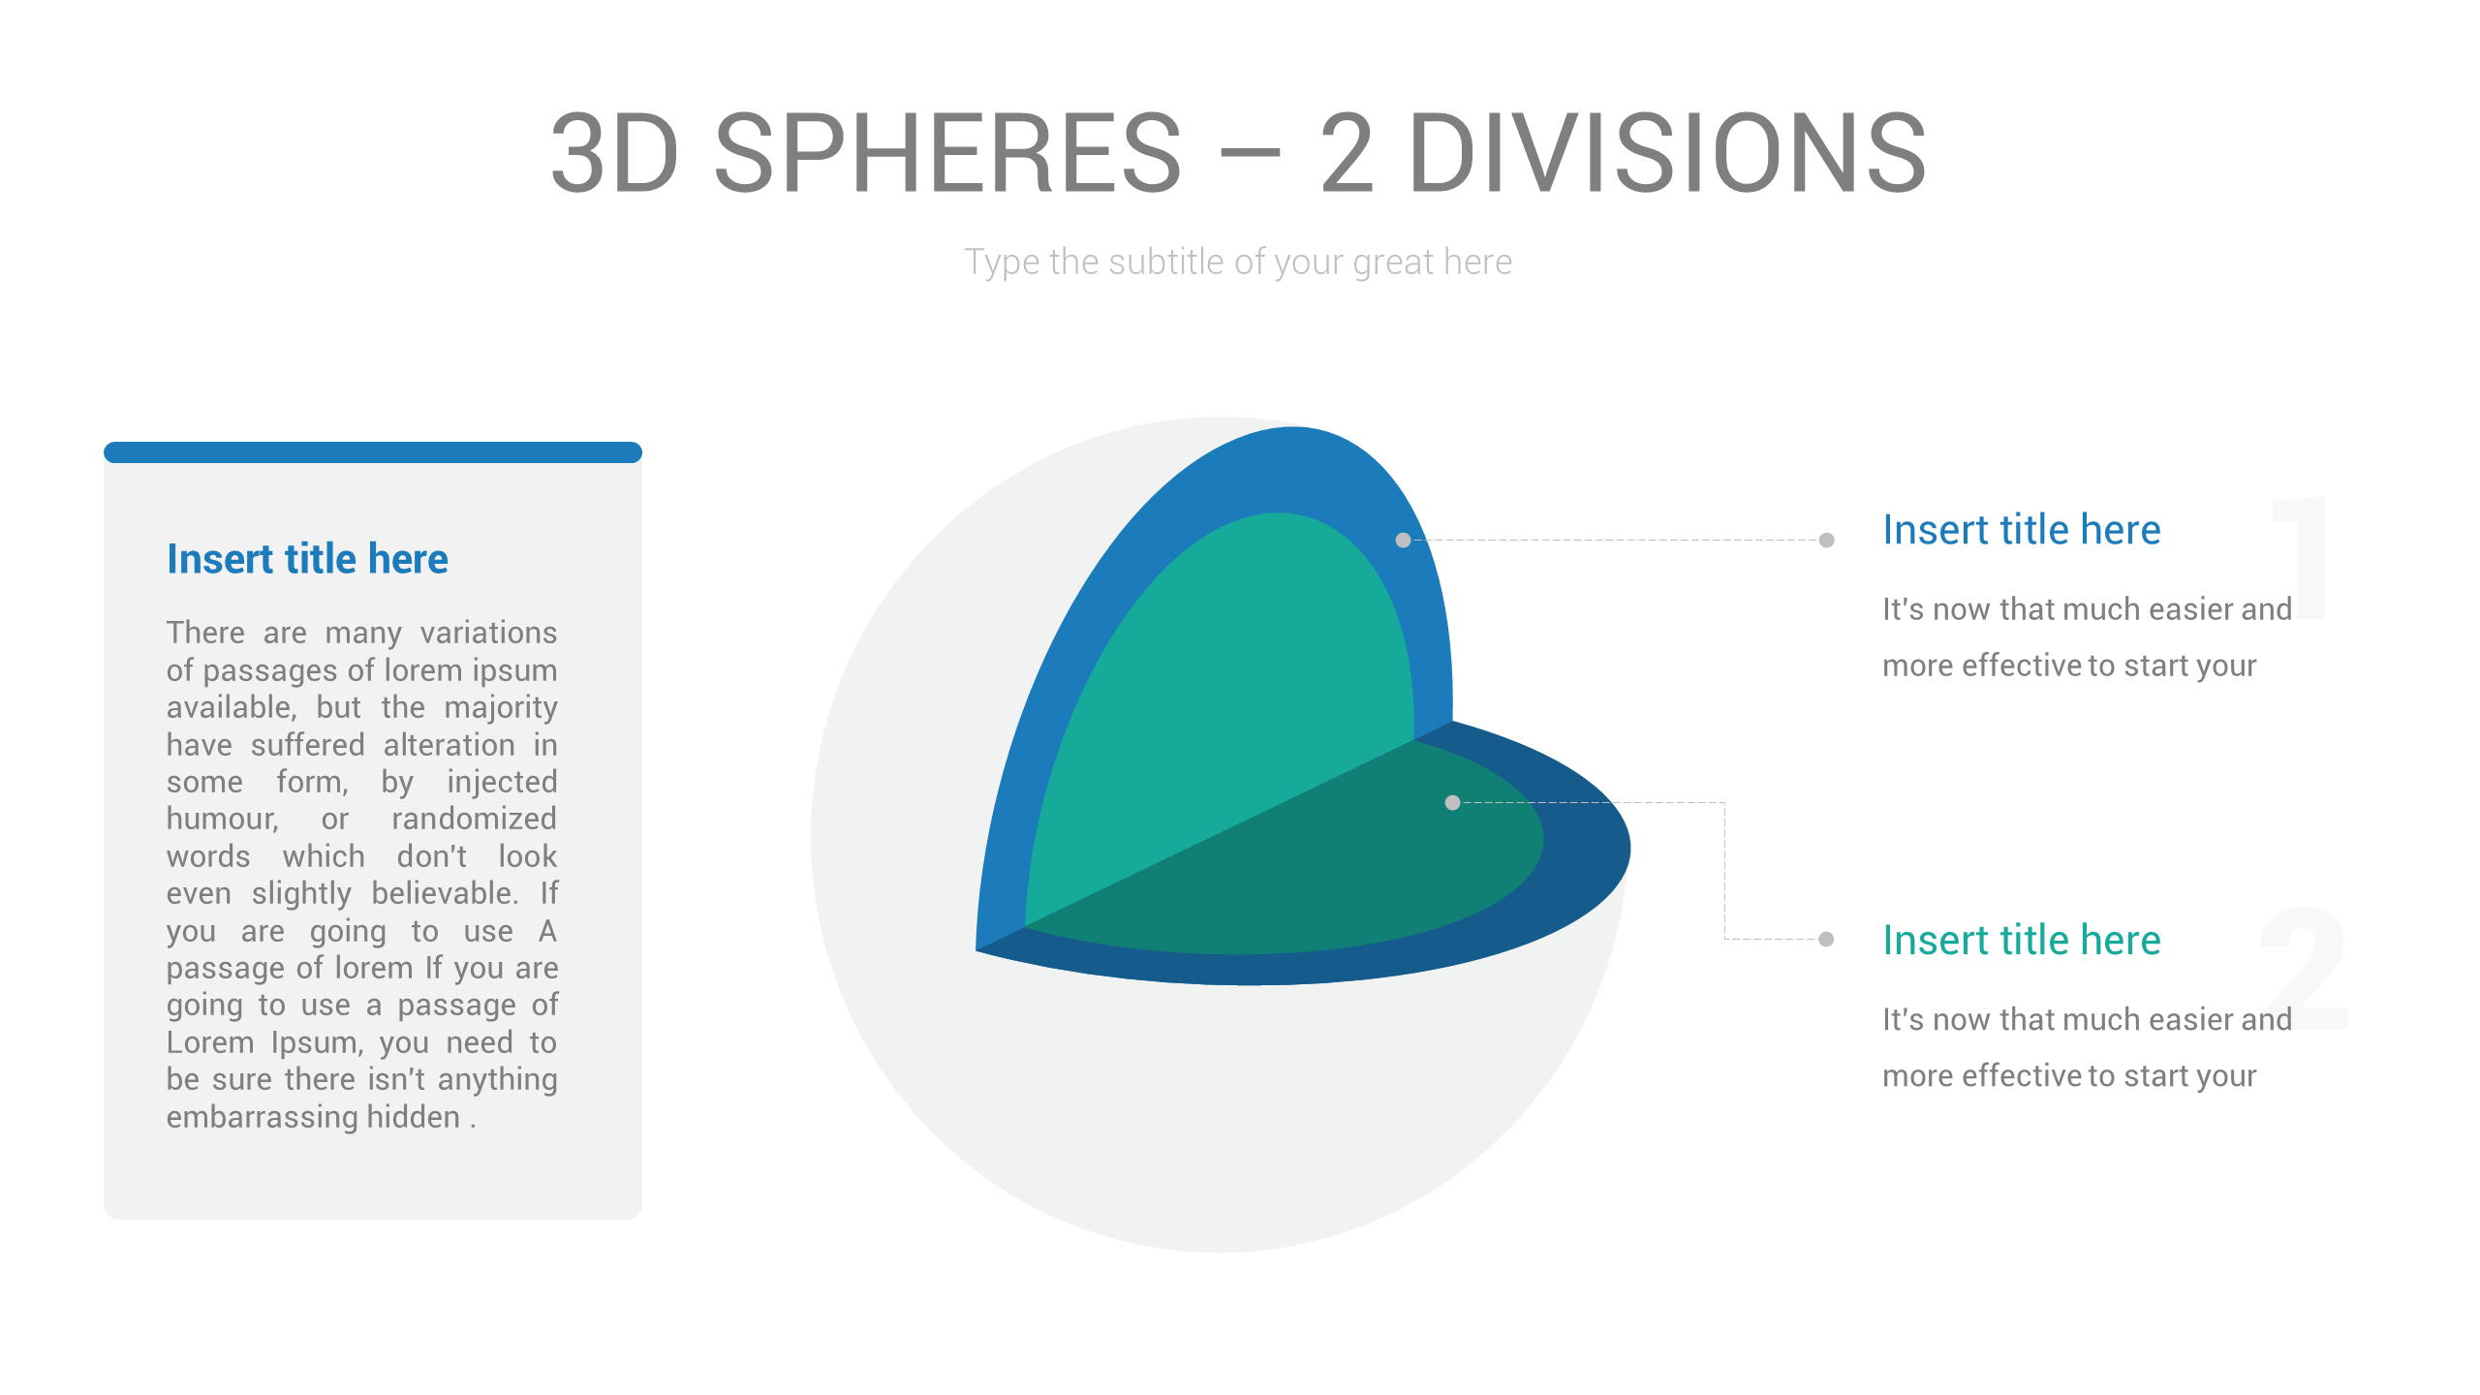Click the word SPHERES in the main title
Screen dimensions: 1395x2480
coord(947,153)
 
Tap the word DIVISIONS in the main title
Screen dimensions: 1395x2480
coord(1666,153)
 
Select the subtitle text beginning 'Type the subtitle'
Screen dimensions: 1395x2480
coord(1237,262)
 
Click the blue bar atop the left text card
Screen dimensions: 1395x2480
coord(372,452)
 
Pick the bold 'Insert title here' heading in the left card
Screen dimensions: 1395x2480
coord(307,559)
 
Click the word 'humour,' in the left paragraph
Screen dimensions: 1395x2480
coord(222,820)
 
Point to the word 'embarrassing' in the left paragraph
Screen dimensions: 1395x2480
coord(262,1117)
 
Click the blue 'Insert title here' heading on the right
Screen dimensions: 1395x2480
coord(2021,530)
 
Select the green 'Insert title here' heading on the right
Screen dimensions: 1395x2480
coord(2021,940)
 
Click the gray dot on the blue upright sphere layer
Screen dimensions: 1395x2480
coord(1403,541)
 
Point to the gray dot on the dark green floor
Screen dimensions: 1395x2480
coord(1452,802)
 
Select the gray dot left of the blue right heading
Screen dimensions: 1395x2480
coord(1826,541)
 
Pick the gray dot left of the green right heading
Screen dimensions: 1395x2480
coord(1826,939)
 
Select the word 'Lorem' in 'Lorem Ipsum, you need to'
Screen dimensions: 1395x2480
coord(209,1043)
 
